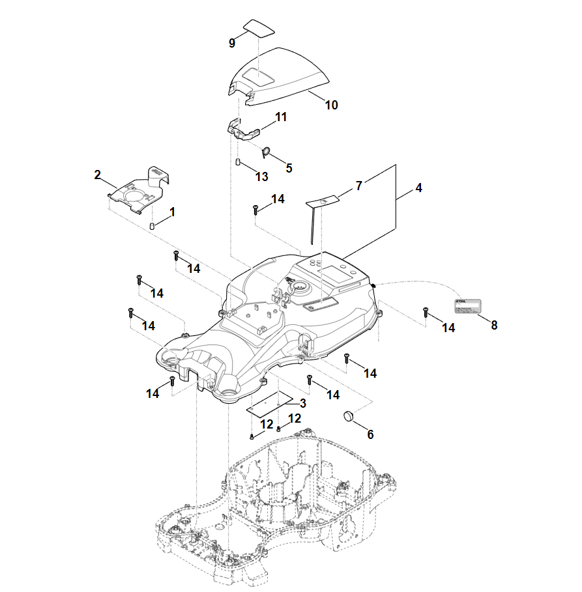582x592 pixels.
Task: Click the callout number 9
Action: point(232,43)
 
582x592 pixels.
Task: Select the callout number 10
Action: point(331,105)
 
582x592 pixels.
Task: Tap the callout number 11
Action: point(281,117)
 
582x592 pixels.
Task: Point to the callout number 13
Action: point(261,176)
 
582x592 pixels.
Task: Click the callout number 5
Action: point(289,167)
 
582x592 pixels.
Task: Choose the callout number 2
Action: point(97,175)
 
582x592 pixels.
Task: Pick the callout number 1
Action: point(172,212)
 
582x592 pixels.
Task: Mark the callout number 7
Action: point(358,186)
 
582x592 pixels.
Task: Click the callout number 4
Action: point(418,188)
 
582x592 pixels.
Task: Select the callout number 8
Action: point(494,325)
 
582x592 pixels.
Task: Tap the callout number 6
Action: point(370,434)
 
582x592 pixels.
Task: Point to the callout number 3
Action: point(302,402)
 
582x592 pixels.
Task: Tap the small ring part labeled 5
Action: point(266,152)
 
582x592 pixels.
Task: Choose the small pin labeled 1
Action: point(152,225)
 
